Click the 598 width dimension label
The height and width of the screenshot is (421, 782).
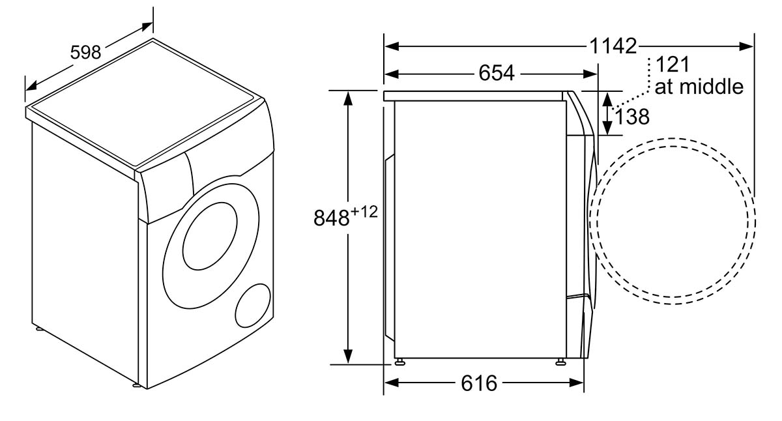point(85,53)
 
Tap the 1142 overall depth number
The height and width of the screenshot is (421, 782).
point(613,46)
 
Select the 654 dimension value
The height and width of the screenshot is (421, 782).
point(497,73)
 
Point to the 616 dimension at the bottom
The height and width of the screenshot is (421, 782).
point(479,383)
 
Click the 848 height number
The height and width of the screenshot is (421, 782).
point(331,218)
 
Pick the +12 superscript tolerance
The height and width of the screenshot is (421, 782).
point(364,212)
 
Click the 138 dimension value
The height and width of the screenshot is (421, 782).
point(632,117)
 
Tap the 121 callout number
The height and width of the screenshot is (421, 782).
point(673,65)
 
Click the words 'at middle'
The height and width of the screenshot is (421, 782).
point(699,87)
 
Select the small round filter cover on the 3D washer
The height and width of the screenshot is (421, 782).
point(253,306)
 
